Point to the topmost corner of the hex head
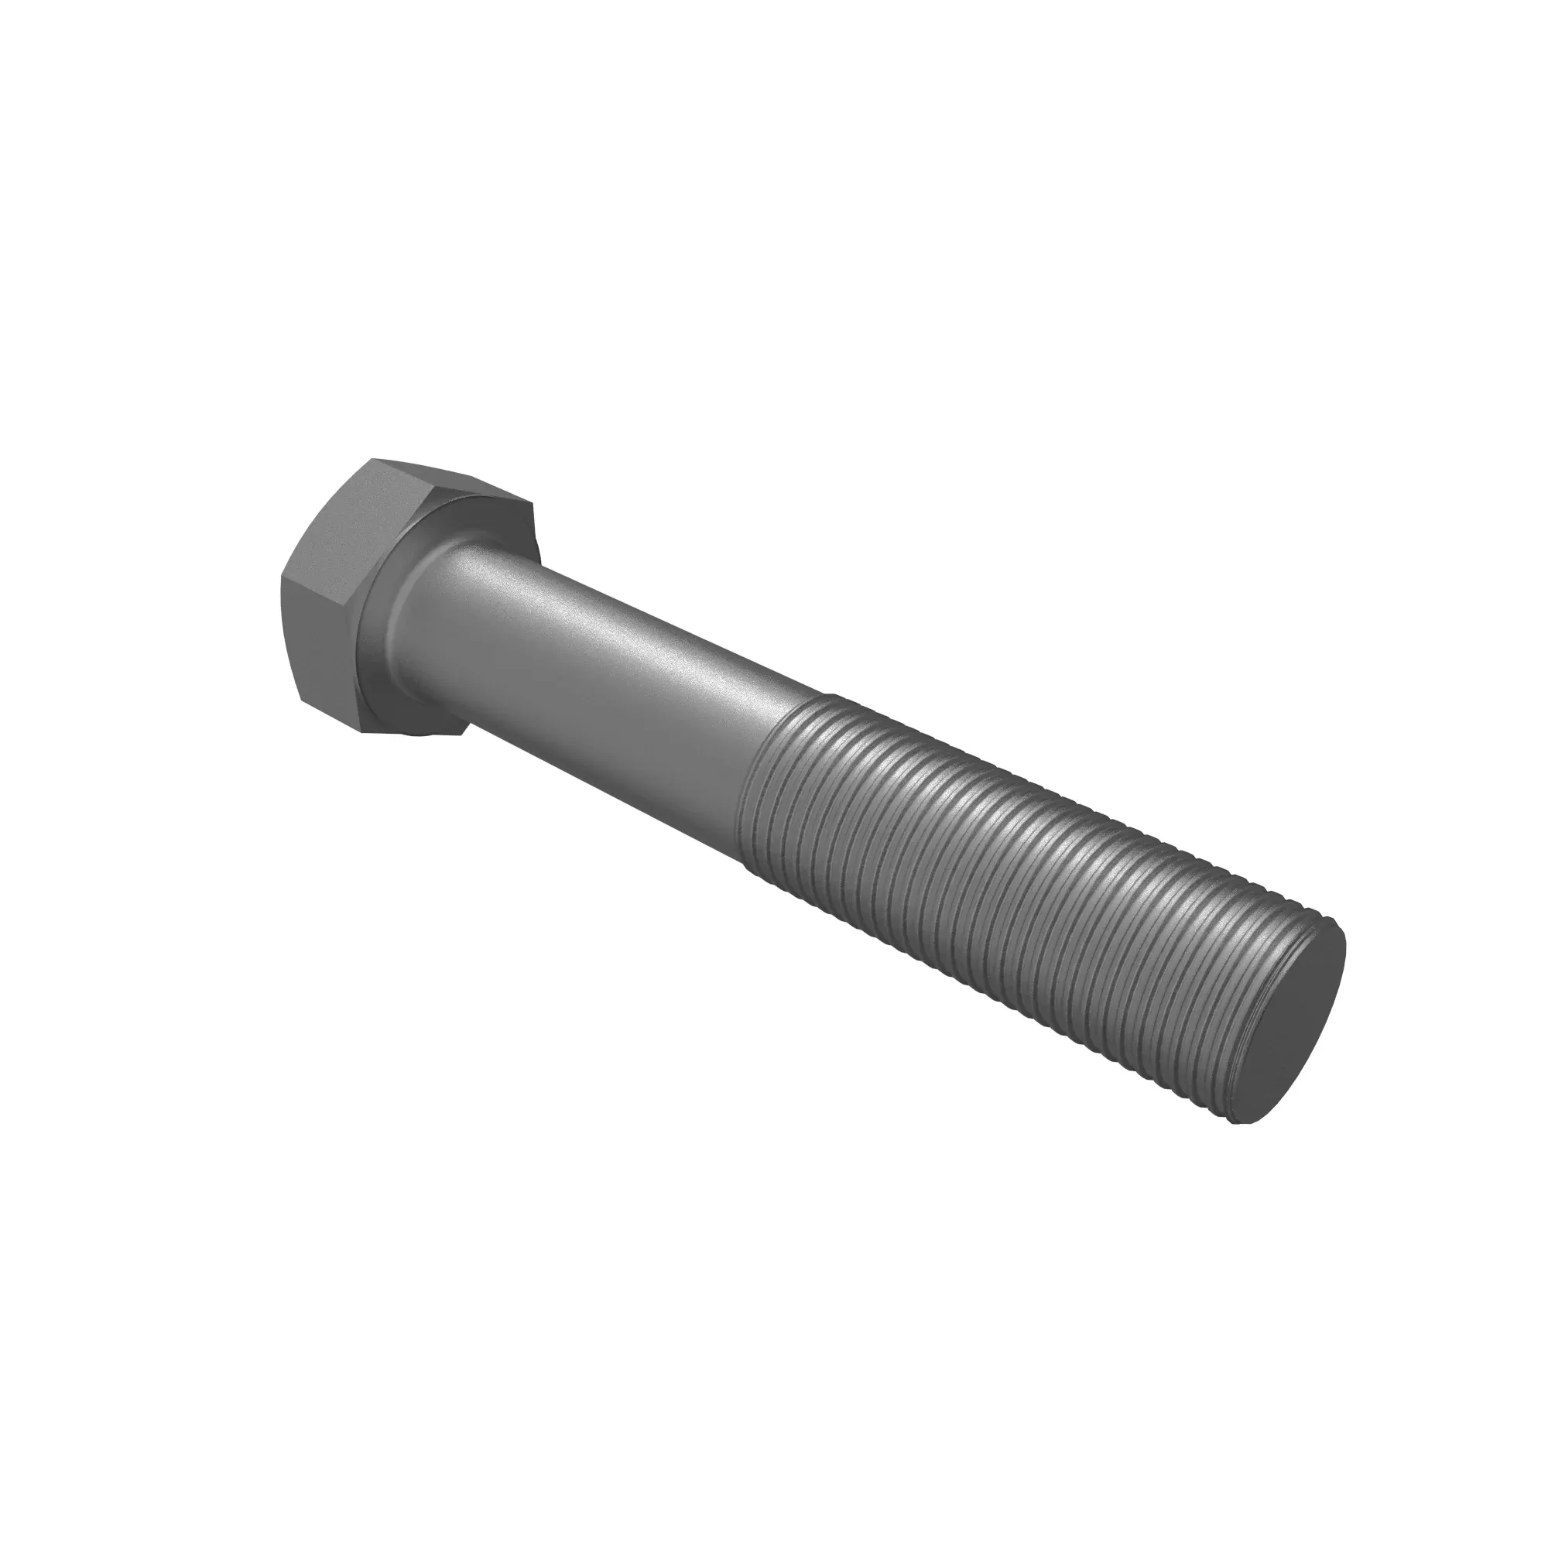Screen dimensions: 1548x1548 [x=373, y=459]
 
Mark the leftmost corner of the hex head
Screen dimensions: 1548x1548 [x=282, y=575]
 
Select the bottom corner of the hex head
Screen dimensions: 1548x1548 [x=362, y=730]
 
